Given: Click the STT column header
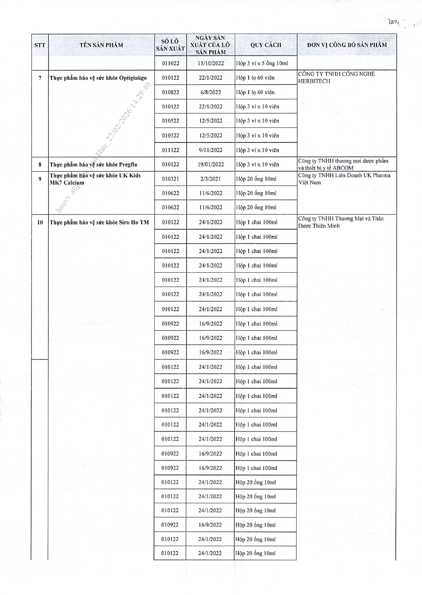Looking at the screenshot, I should tap(40, 45).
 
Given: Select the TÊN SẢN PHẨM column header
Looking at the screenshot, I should tap(101, 45).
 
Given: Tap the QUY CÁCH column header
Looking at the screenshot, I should tap(266, 45).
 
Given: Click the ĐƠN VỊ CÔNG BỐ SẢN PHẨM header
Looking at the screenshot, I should tap(347, 45).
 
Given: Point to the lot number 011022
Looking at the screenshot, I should tap(171, 63).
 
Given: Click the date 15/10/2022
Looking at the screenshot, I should tap(211, 63).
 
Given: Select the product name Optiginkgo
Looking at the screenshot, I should tap(133, 78).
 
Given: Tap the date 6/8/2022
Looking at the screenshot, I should tap(211, 92).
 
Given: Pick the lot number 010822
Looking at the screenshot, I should tap(171, 92).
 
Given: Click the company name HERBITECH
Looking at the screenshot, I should tap(314, 81).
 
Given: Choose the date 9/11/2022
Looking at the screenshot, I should tap(211, 150).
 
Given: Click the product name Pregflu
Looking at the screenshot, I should tap(128, 165).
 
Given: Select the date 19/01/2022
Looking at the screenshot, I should tap(211, 165).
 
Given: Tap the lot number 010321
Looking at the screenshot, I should tap(171, 179).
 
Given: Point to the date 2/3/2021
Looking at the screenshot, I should tap(211, 179).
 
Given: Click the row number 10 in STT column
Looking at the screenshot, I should tap(40, 222).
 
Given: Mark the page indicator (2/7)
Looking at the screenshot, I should tap(394, 22).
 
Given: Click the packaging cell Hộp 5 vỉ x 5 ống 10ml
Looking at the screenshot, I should tap(262, 63).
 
